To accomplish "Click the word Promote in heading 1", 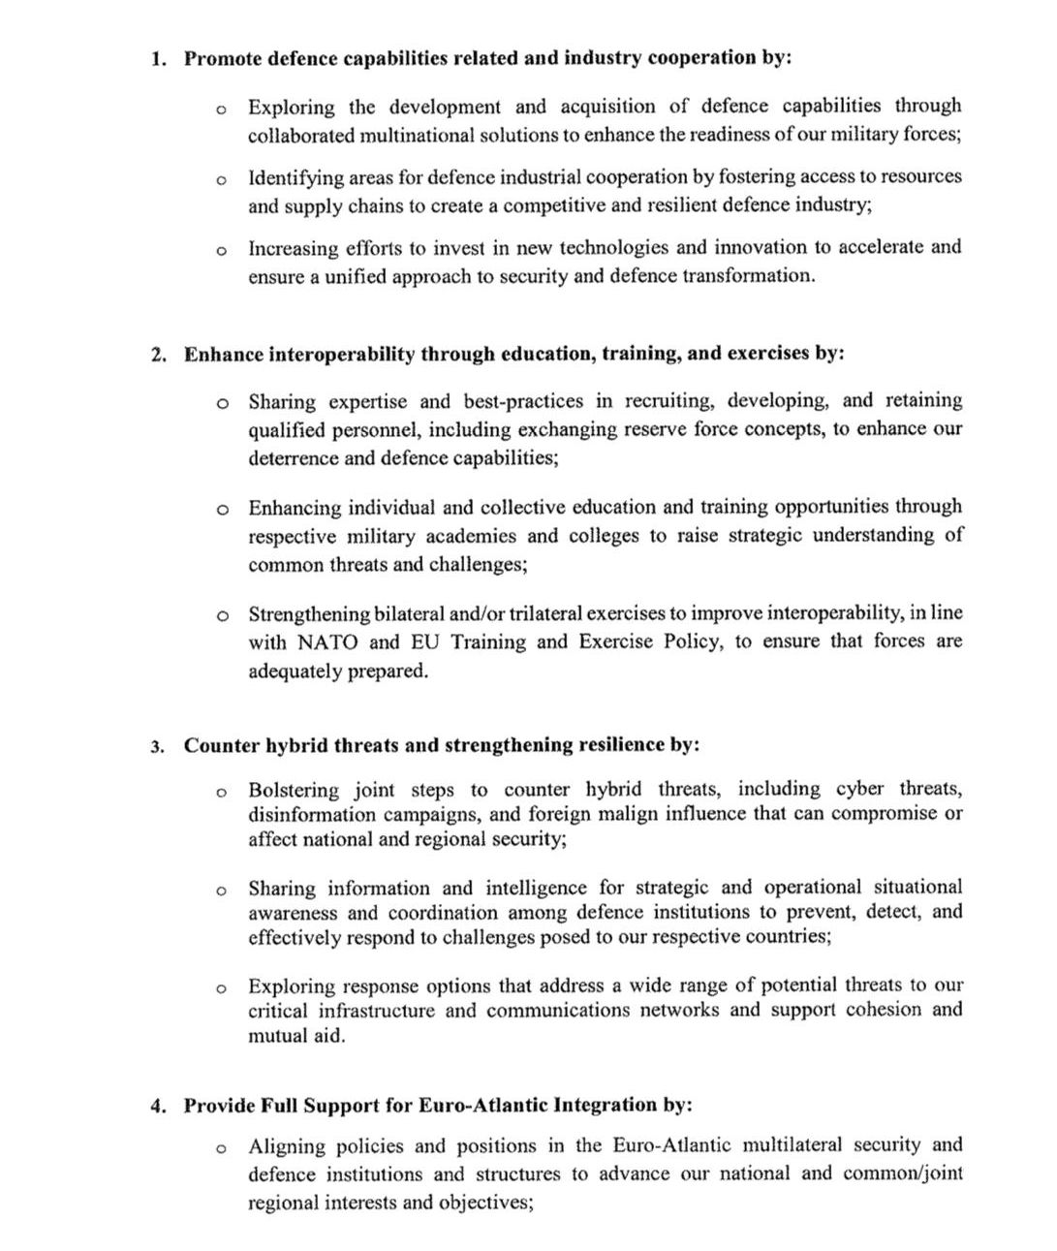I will (222, 58).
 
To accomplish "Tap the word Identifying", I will (296, 177).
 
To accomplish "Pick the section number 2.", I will (159, 355).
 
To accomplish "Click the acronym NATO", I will (327, 641).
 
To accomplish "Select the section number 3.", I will (158, 746).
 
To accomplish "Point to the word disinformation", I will (316, 815).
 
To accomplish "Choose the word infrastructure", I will (373, 1011).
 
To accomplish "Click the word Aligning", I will (286, 1146).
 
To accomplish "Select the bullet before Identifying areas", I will (222, 180).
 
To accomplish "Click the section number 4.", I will (158, 1107).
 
